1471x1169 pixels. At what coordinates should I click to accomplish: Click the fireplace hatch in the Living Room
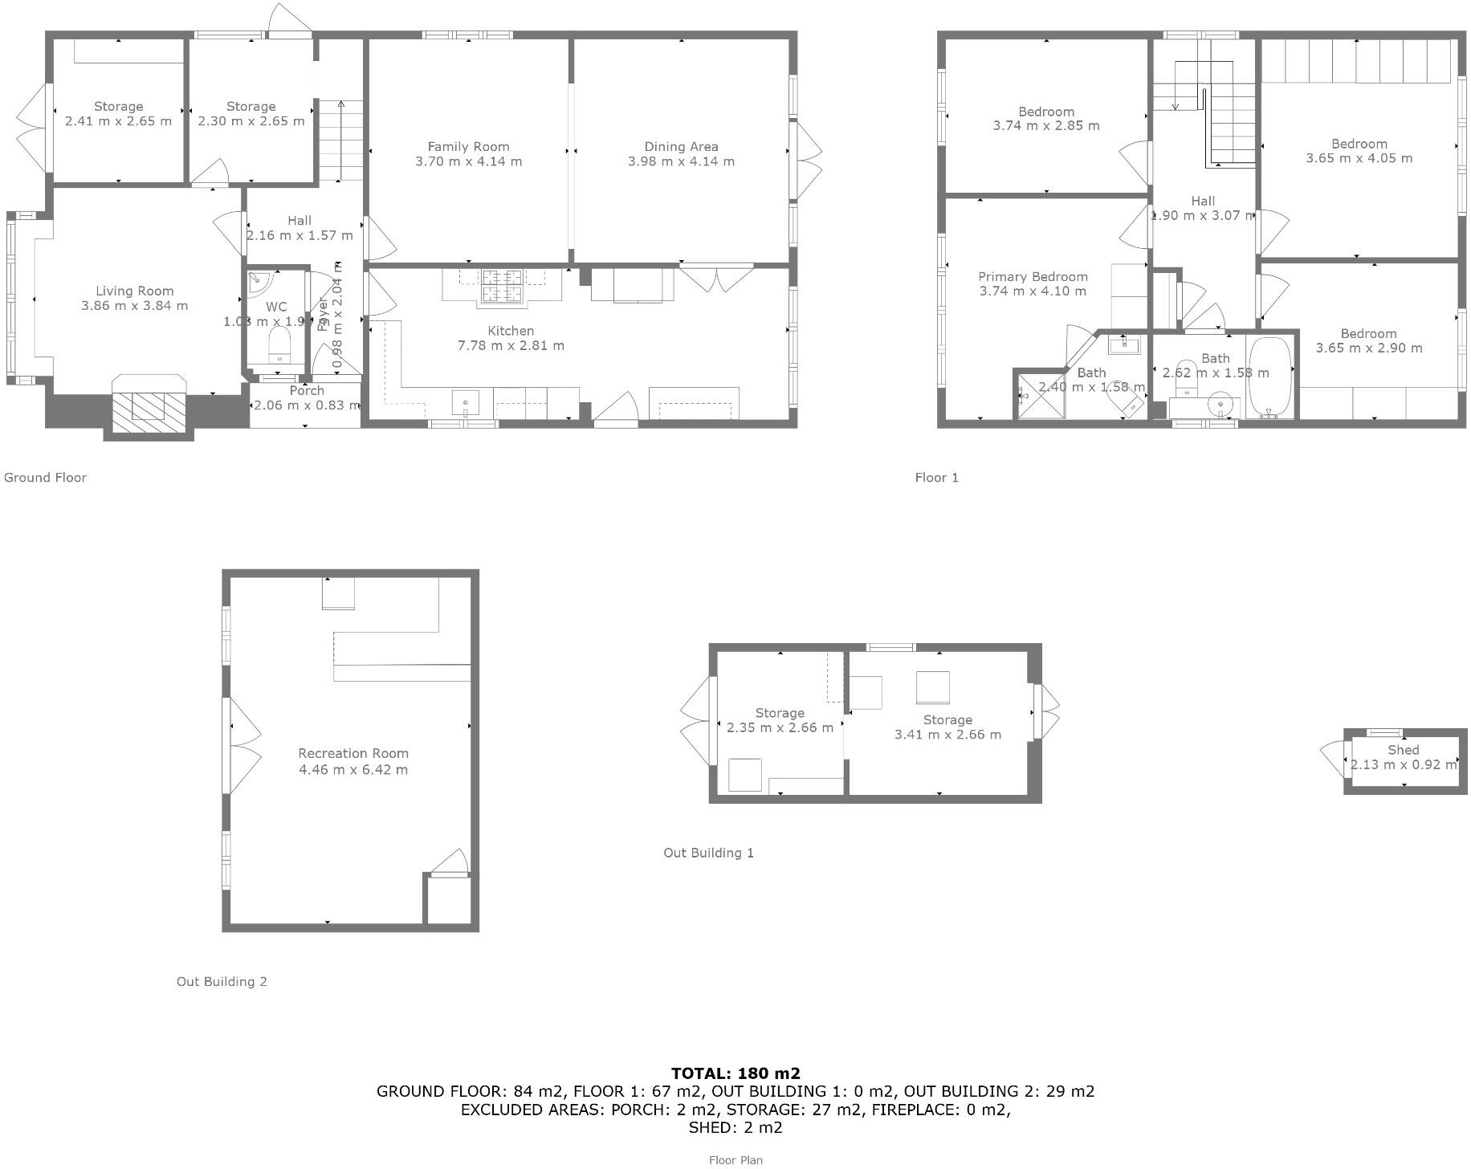click(148, 407)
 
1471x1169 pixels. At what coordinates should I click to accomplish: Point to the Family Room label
click(468, 146)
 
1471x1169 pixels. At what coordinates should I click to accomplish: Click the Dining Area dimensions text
click(681, 161)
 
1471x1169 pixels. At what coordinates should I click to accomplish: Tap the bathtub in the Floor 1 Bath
click(1270, 377)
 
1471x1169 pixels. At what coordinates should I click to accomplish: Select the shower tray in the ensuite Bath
click(1041, 394)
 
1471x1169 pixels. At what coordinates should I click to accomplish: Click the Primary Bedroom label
click(1033, 276)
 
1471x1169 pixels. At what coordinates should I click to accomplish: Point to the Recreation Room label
click(353, 753)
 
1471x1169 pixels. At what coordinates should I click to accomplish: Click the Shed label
click(1403, 750)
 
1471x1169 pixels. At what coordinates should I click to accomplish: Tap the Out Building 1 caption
click(708, 853)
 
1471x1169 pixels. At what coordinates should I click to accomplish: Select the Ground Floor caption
click(45, 477)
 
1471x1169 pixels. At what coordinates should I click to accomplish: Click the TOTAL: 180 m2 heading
click(735, 1073)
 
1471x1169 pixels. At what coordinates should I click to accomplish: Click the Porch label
click(307, 390)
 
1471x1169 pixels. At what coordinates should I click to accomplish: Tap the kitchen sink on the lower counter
click(466, 401)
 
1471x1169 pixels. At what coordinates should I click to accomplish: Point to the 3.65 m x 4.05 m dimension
click(1359, 158)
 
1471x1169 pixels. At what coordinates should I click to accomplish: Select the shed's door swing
click(1332, 758)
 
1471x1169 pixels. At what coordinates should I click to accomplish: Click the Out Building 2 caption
click(222, 981)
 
